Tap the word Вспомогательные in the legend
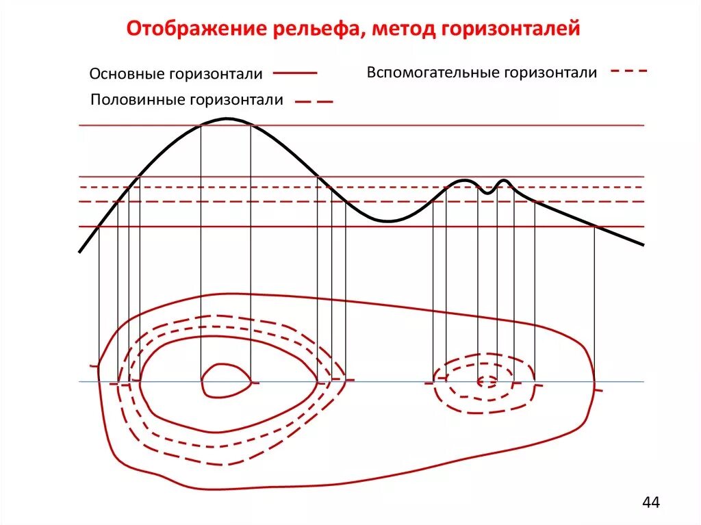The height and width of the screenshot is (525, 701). tap(434, 73)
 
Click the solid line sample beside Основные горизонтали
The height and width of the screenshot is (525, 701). tap(295, 73)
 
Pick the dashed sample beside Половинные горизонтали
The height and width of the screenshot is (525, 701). tap(314, 101)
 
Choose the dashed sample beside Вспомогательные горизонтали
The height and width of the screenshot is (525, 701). tap(628, 71)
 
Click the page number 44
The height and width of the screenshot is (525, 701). tap(651, 503)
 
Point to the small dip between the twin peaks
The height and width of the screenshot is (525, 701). tap(487, 193)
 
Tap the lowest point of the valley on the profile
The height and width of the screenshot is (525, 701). tap(387, 221)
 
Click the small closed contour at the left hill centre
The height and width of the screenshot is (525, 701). tap(227, 380)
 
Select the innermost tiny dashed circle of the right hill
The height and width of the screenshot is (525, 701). tap(487, 382)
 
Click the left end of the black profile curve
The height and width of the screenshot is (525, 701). tap(80, 251)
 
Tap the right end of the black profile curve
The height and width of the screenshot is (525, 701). tap(643, 244)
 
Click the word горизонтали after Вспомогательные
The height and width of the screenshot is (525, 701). tap(551, 73)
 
